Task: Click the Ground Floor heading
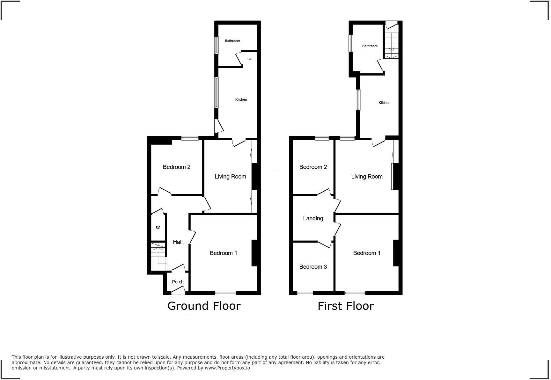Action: point(204,306)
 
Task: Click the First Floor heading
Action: point(346,306)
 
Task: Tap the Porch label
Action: point(178,282)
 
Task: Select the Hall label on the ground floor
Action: point(178,242)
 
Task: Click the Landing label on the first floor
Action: point(313,218)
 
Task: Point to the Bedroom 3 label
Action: point(313,267)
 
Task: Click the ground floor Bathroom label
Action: point(232,41)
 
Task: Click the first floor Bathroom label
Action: point(370,46)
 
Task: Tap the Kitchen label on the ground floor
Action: point(241,99)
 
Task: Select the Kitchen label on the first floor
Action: point(384,103)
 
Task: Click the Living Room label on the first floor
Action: point(367,177)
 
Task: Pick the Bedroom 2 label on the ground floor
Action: point(176,167)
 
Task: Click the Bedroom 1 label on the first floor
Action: point(366,253)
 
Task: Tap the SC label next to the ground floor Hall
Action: point(158,228)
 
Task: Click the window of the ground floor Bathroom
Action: point(217,45)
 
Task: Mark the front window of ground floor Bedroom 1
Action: point(225,293)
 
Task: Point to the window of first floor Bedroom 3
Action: point(305,293)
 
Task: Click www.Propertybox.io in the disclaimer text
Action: point(227,368)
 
